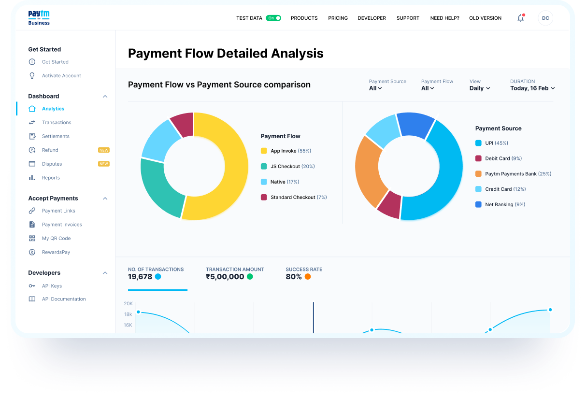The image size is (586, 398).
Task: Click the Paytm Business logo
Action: (x=39, y=18)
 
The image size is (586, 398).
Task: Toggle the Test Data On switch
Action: (x=273, y=18)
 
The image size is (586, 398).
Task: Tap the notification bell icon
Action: (x=520, y=18)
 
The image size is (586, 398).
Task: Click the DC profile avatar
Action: (x=545, y=18)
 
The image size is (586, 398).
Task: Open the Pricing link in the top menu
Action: (x=338, y=18)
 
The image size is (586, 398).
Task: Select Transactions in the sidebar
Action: (x=57, y=123)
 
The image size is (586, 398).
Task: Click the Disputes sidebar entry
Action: (x=52, y=164)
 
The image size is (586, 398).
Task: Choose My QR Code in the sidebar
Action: (x=56, y=238)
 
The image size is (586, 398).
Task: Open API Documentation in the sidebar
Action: (x=64, y=299)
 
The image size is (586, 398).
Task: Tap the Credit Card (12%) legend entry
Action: (x=505, y=189)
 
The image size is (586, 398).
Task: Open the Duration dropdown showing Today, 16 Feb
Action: (x=532, y=88)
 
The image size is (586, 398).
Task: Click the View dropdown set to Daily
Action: (x=480, y=88)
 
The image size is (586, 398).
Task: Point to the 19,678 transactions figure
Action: (x=140, y=277)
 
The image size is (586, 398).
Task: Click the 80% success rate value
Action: (x=294, y=277)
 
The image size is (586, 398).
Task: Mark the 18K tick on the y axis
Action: (x=128, y=314)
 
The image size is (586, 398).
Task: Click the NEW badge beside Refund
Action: (x=104, y=150)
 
